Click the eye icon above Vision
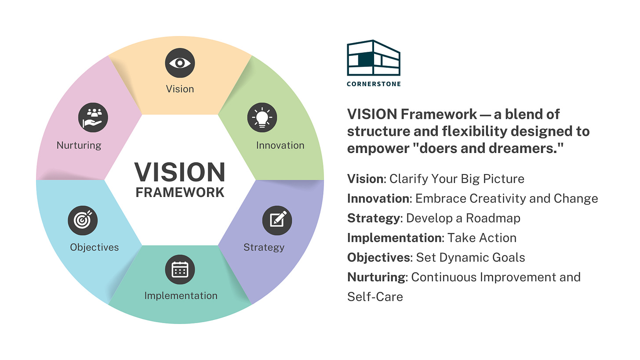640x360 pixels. pyautogui.click(x=180, y=63)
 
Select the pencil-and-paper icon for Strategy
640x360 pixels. pyautogui.click(x=277, y=220)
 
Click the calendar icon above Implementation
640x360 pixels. pyautogui.click(x=180, y=269)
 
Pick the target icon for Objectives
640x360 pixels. pyautogui.click(x=83, y=220)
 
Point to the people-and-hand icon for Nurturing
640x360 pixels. pyautogui.click(x=93, y=118)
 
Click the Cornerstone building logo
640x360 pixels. pyautogui.click(x=373, y=58)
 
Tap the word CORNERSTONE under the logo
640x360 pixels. pyautogui.click(x=374, y=84)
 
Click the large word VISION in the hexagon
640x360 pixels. pyautogui.click(x=180, y=172)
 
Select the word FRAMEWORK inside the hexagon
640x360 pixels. pyautogui.click(x=180, y=193)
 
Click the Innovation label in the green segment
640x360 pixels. pyautogui.click(x=280, y=145)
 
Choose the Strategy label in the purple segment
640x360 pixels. pyautogui.click(x=264, y=247)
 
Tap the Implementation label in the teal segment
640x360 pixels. pyautogui.click(x=181, y=295)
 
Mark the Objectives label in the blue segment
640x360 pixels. pyautogui.click(x=95, y=247)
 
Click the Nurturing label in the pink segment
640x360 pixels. pyautogui.click(x=79, y=145)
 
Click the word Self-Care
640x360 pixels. pyautogui.click(x=375, y=297)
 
